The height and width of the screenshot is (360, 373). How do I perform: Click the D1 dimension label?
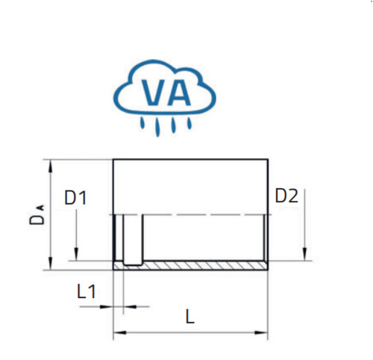pyautogui.click(x=75, y=198)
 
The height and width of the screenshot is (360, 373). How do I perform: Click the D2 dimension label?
pyautogui.click(x=286, y=196)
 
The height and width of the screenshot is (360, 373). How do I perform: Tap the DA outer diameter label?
pyautogui.click(x=37, y=214)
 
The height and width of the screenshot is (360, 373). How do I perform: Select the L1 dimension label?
pyautogui.click(x=87, y=291)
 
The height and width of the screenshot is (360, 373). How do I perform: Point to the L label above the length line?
pyautogui.click(x=190, y=317)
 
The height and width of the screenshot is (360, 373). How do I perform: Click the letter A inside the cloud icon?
pyautogui.click(x=179, y=93)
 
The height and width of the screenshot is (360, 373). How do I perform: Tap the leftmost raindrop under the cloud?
pyautogui.click(x=142, y=123)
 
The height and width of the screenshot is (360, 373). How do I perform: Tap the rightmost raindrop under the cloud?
pyautogui.click(x=189, y=123)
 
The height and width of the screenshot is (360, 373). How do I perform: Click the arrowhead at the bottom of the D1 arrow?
pyautogui.click(x=76, y=254)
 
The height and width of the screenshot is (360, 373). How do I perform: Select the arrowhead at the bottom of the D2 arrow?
pyautogui.click(x=305, y=254)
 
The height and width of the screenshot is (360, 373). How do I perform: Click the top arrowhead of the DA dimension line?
pyautogui.click(x=51, y=166)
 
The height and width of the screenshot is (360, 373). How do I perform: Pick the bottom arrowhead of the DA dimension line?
pyautogui.click(x=51, y=264)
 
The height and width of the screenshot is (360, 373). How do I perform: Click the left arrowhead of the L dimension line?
pyautogui.click(x=120, y=332)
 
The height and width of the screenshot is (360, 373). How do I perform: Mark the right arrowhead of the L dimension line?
pyautogui.click(x=261, y=332)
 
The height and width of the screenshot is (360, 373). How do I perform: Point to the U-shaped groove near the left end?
pyautogui.click(x=133, y=264)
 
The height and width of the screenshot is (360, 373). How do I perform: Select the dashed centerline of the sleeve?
pyautogui.click(x=192, y=214)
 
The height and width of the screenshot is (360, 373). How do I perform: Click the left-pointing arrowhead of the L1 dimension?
pyautogui.click(x=131, y=307)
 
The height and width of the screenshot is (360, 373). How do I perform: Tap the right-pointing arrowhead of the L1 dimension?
pyautogui.click(x=107, y=307)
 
